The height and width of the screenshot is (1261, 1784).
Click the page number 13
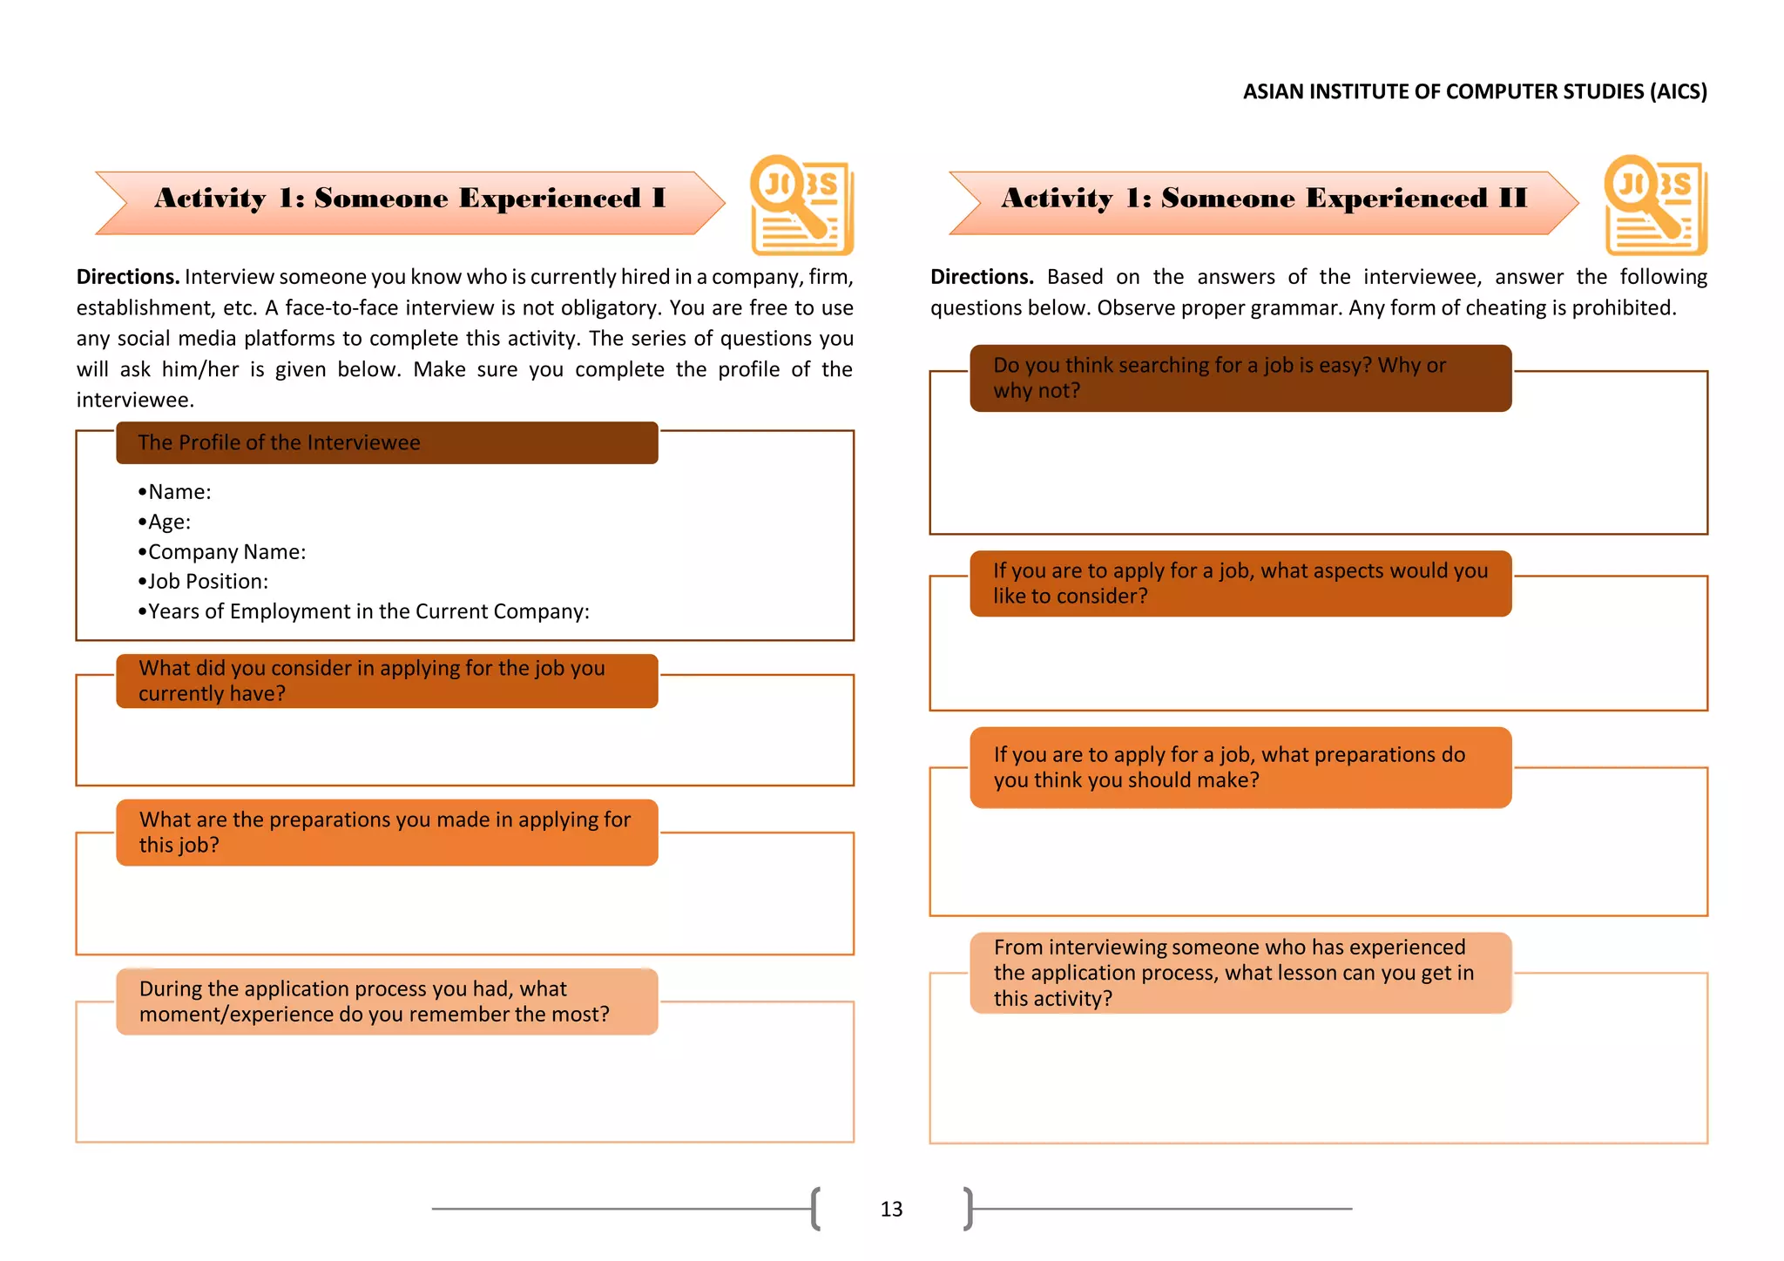click(891, 1209)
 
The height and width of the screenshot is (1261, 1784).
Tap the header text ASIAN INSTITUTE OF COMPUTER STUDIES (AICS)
click(1474, 91)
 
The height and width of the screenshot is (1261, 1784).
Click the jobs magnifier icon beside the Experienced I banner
click(801, 206)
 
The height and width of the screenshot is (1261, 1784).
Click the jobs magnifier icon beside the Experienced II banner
click(1655, 206)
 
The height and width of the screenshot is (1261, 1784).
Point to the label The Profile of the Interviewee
click(279, 442)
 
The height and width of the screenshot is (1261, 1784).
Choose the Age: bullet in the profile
click(168, 522)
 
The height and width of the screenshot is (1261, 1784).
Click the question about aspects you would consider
click(1240, 583)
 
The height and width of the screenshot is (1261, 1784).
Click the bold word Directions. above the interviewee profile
click(128, 277)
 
